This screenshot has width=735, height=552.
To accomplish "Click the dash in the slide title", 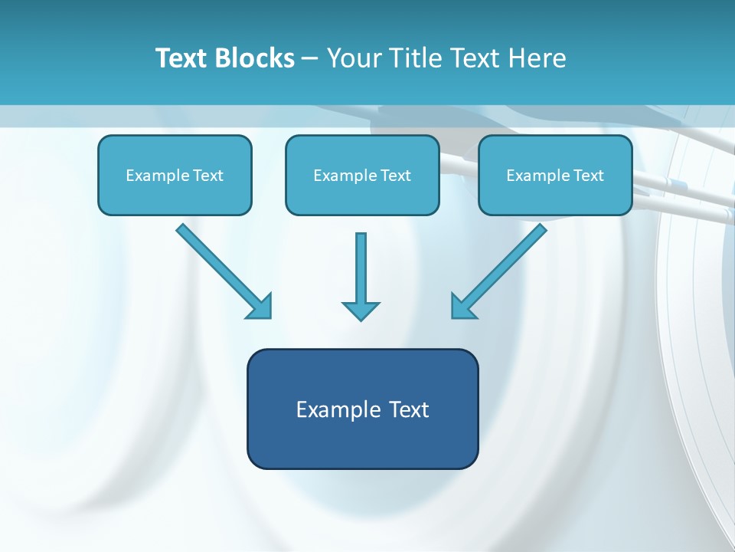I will tap(310, 59).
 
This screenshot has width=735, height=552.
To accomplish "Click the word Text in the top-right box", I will tap(588, 176).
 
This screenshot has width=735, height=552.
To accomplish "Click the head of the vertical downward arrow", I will tap(361, 310).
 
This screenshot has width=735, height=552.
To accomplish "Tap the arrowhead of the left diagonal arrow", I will tap(260, 307).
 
